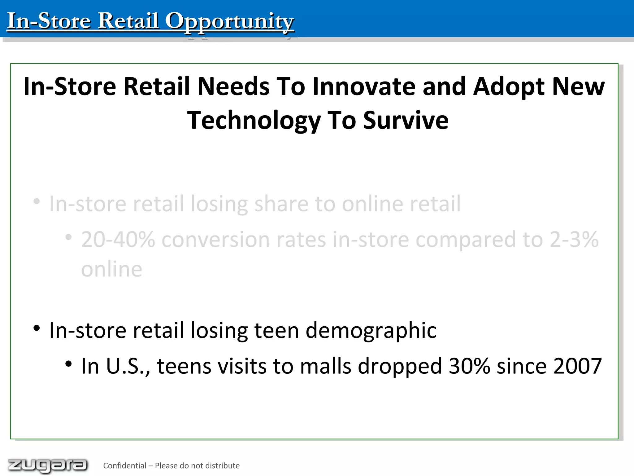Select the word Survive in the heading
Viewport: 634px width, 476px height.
coord(406,120)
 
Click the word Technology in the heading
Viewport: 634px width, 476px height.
coord(254,121)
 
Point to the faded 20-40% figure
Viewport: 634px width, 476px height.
coord(118,240)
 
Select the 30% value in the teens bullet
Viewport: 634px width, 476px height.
coord(469,366)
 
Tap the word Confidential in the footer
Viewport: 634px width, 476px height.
coord(124,466)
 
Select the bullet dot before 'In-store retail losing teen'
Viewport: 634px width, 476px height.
coord(37,328)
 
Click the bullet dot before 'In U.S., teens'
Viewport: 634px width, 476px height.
coord(68,364)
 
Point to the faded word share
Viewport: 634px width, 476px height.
coord(281,204)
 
